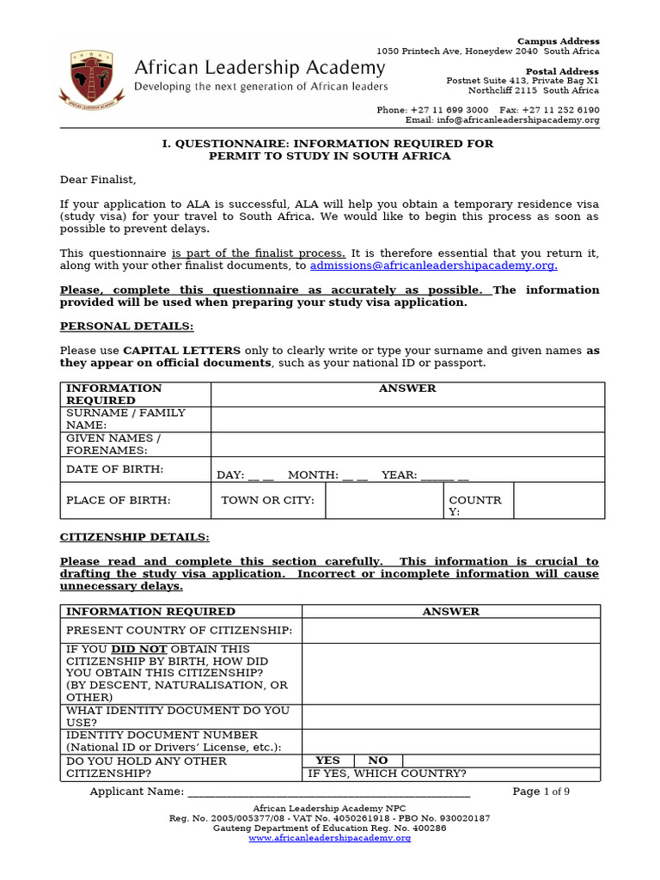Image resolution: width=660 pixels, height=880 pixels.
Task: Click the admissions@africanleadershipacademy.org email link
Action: pos(433,266)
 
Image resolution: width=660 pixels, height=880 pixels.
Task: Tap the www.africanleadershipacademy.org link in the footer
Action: pos(329,838)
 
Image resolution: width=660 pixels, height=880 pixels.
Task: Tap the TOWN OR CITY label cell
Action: pos(267,500)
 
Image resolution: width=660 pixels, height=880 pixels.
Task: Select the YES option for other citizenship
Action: pos(327,761)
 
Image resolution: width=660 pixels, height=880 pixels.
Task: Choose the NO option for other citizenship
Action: pos(378,761)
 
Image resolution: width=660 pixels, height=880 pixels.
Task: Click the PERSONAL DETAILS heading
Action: pos(126,327)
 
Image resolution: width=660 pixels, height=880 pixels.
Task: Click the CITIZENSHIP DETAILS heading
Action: pos(134,537)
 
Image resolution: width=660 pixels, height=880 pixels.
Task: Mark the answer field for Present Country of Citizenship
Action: pos(450,630)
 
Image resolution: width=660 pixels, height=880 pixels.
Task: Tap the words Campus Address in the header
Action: pos(558,41)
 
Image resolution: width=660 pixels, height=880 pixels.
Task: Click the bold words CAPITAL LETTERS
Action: pos(174,351)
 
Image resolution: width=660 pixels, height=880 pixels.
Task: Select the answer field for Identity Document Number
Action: pos(450,741)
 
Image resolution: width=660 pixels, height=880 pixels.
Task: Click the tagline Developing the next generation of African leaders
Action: pos(261,87)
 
